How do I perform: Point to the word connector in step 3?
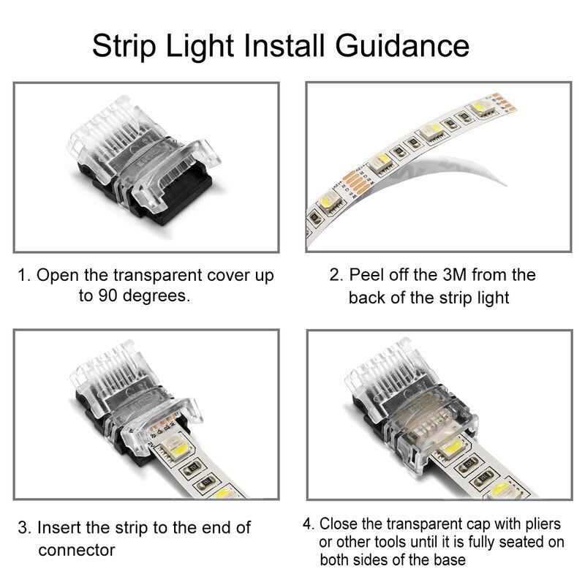pyautogui.click(x=76, y=549)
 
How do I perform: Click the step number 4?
pyautogui.click(x=308, y=525)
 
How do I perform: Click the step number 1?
pyautogui.click(x=23, y=276)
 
